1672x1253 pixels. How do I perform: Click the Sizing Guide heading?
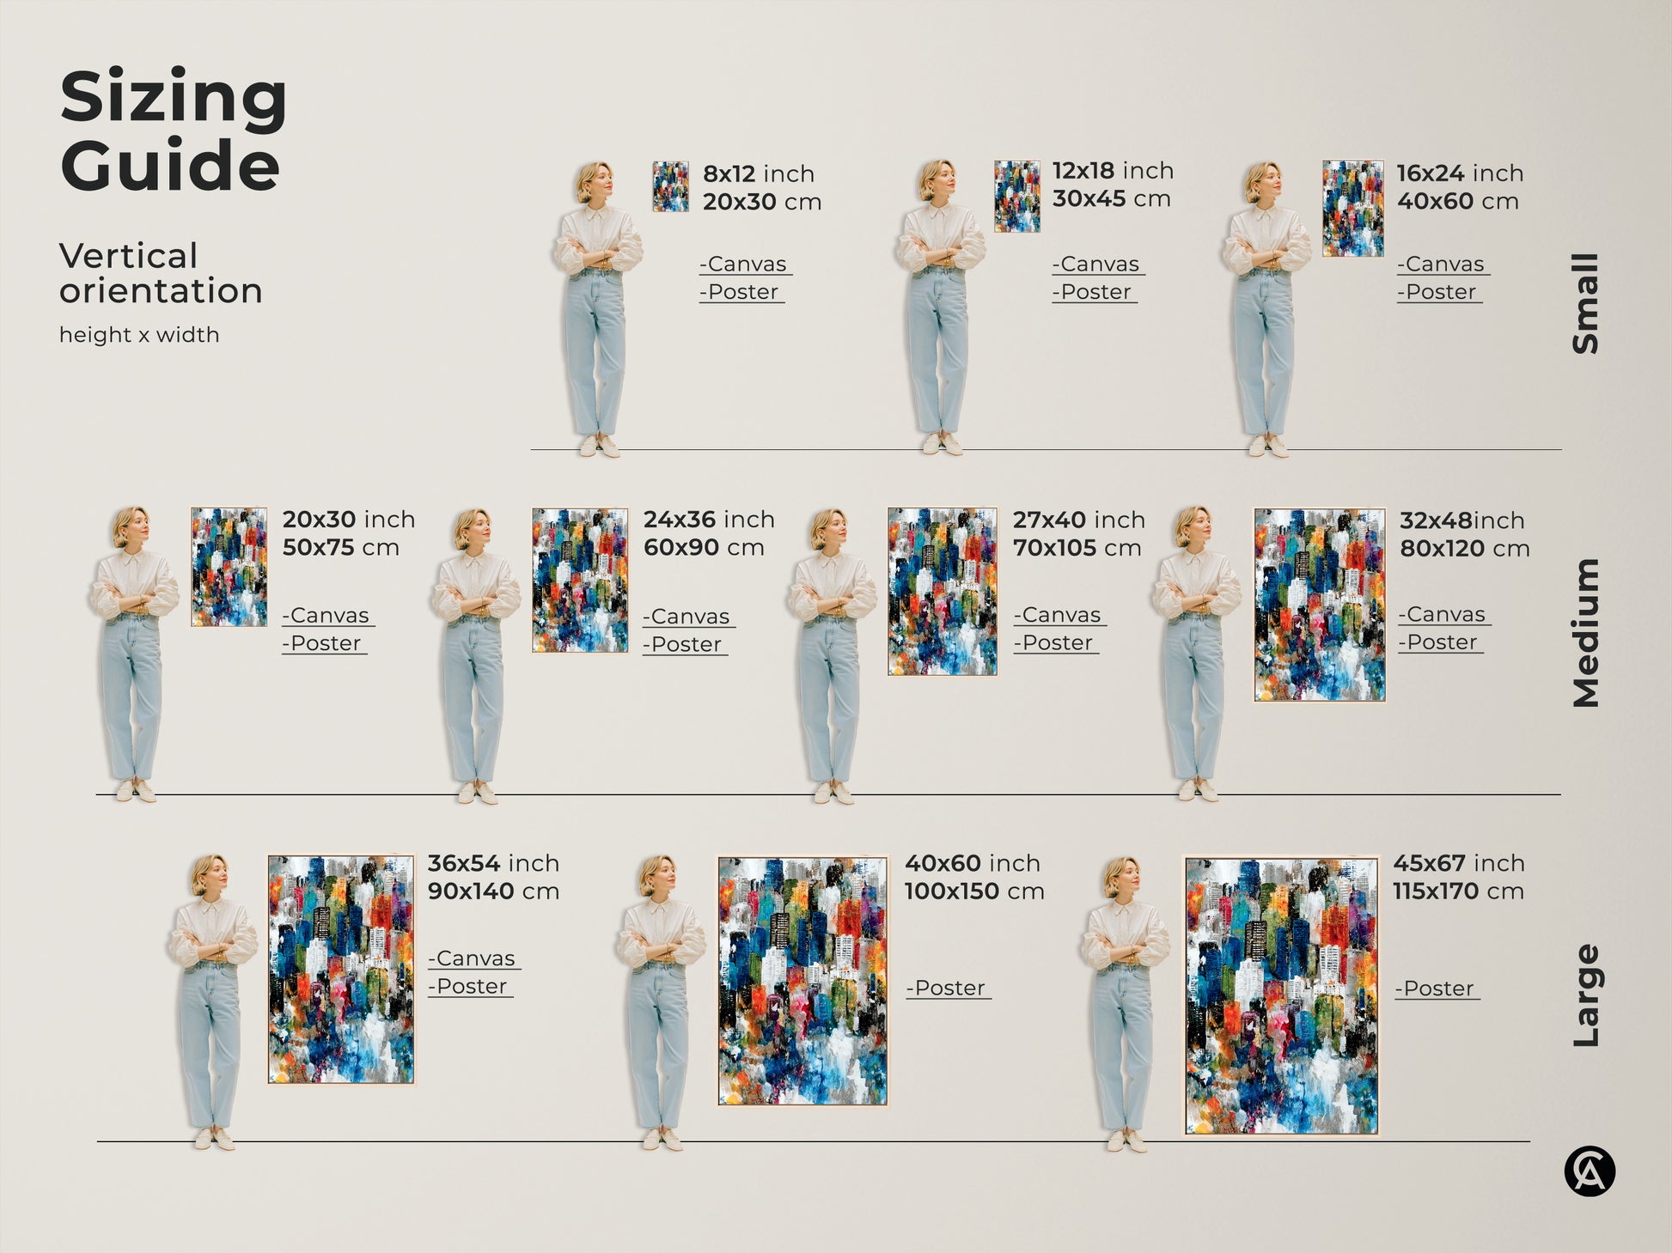pyautogui.click(x=173, y=130)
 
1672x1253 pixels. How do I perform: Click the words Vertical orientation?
pyautogui.click(x=161, y=273)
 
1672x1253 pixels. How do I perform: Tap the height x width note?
pyautogui.click(x=139, y=335)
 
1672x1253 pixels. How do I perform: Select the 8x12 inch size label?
pyautogui.click(x=758, y=173)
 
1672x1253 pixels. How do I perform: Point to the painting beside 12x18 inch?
pyautogui.click(x=1017, y=196)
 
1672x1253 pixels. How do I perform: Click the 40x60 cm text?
pyautogui.click(x=1457, y=202)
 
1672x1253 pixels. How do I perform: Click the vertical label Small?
pyautogui.click(x=1585, y=303)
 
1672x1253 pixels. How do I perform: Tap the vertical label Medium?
pyautogui.click(x=1585, y=633)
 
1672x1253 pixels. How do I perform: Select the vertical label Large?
pyautogui.click(x=1585, y=995)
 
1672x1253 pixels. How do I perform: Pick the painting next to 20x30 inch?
pyautogui.click(x=229, y=567)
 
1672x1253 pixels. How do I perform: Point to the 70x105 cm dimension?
pyautogui.click(x=1077, y=548)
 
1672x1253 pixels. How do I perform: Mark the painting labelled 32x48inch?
pyautogui.click(x=1319, y=605)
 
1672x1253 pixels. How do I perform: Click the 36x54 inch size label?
pyautogui.click(x=493, y=863)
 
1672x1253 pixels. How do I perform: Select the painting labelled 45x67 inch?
pyautogui.click(x=1281, y=996)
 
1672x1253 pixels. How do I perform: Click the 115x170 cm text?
pyautogui.click(x=1458, y=891)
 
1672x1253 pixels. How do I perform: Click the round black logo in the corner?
pyautogui.click(x=1590, y=1171)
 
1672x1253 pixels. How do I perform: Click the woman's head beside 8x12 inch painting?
pyautogui.click(x=595, y=180)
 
